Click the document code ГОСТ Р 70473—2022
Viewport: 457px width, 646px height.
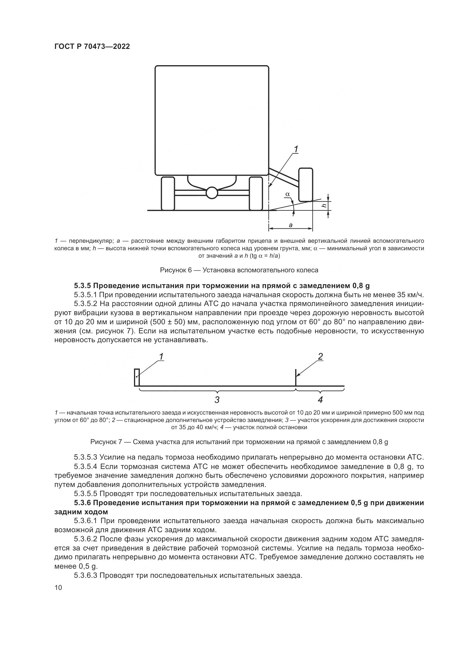pyautogui.click(x=92, y=47)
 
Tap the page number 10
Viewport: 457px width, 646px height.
pyautogui.click(x=58, y=588)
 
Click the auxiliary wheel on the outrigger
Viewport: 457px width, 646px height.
pyautogui.click(x=306, y=184)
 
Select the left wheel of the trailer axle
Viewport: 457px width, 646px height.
pyautogui.click(x=168, y=193)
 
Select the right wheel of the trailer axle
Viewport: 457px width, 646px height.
pyautogui.click(x=256, y=193)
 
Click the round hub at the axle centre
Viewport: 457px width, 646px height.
pyautogui.click(x=212, y=193)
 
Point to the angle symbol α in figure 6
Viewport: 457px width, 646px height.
pyautogui.click(x=287, y=194)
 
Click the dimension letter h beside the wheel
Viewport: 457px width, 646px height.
pyautogui.click(x=324, y=206)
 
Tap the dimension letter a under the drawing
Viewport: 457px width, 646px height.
pyautogui.click(x=291, y=225)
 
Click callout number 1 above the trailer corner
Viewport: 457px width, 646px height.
pyautogui.click(x=296, y=149)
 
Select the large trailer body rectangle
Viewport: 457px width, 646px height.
pyautogui.click(x=212, y=120)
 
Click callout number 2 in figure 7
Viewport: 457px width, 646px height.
pyautogui.click(x=320, y=357)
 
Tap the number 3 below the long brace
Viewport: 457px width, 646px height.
pyautogui.click(x=217, y=400)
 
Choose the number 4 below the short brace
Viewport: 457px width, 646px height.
pyautogui.click(x=320, y=400)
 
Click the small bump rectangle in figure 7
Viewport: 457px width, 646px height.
pyautogui.click(x=136, y=377)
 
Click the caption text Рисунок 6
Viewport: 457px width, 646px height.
pyautogui.click(x=176, y=270)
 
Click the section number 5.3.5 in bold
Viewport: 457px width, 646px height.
pyautogui.click(x=82, y=286)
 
